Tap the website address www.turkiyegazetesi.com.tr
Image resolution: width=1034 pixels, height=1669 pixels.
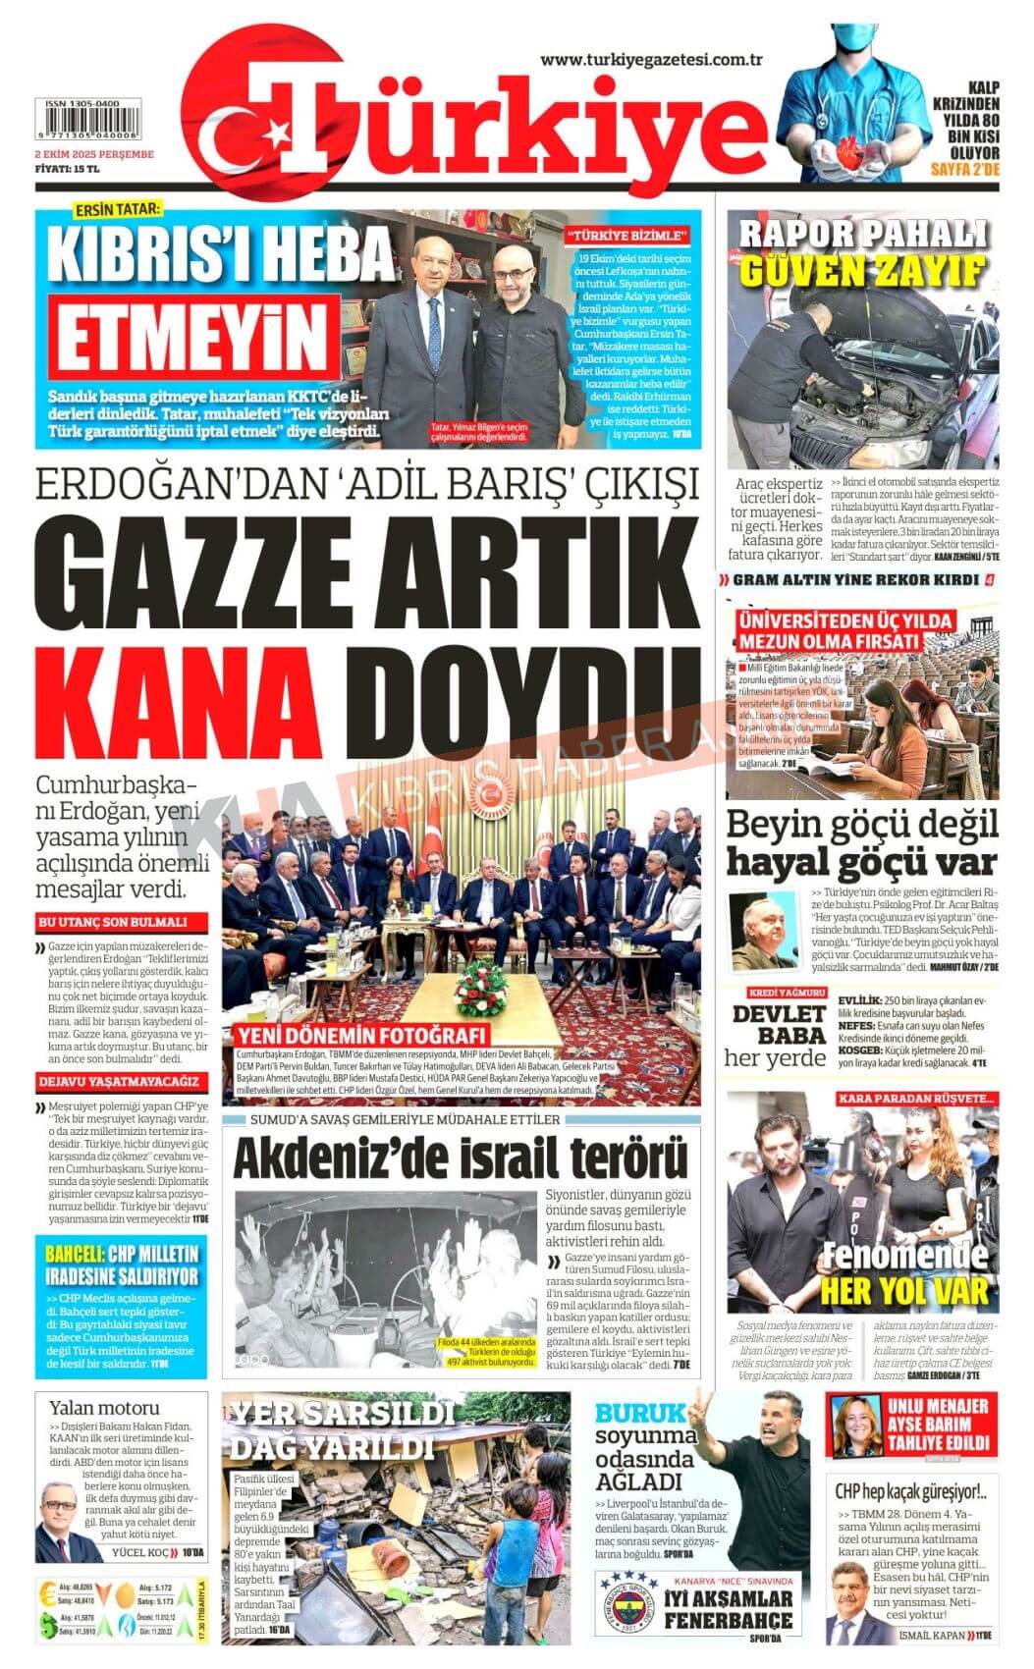coord(651,60)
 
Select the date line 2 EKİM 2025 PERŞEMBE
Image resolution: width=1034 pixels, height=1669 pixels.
coord(94,155)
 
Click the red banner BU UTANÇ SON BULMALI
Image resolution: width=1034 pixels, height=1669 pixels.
coord(111,923)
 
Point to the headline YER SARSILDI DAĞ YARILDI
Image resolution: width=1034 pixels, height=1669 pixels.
coord(343,1430)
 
